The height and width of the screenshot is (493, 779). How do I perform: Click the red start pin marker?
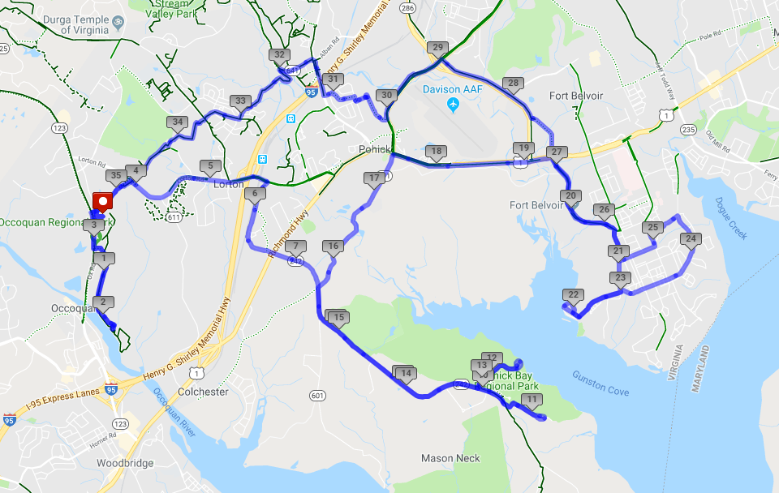click(x=104, y=202)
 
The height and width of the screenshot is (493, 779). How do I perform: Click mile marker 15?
click(x=338, y=317)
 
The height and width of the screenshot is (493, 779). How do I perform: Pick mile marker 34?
click(x=177, y=123)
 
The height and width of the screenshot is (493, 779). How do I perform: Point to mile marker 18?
click(x=437, y=152)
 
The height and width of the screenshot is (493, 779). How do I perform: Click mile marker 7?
click(x=295, y=247)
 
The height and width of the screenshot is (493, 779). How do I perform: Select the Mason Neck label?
click(x=450, y=458)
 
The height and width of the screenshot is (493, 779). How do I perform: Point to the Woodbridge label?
click(x=120, y=463)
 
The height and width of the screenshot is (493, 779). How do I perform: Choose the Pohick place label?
click(x=376, y=150)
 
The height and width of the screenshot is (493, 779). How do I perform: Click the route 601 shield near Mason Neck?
click(x=316, y=395)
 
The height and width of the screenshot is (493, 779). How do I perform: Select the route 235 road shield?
click(x=689, y=130)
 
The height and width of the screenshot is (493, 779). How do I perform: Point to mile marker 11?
click(x=532, y=401)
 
